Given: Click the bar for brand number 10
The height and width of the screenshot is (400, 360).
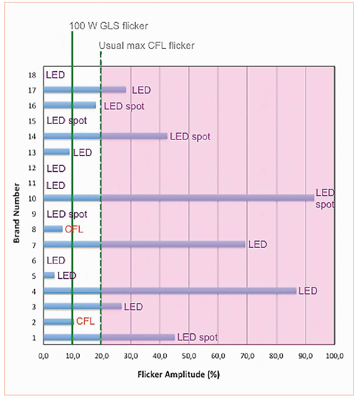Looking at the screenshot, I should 179,198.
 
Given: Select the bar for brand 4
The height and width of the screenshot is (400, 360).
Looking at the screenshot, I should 170,291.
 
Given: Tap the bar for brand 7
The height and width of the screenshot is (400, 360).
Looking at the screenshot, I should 144,244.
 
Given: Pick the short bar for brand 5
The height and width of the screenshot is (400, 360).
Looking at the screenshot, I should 49,275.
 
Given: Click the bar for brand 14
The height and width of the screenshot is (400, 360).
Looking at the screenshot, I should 105,136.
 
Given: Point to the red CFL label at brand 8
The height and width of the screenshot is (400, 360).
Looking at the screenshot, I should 74,229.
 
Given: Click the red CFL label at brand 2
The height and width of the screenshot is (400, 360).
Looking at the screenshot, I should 85,321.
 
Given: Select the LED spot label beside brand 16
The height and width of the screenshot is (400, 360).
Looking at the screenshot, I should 124,106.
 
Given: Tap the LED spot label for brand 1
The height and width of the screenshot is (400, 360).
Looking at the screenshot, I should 197,337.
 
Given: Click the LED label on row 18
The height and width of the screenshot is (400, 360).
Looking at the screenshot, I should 55,75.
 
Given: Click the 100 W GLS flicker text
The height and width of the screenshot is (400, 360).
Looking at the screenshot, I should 109,26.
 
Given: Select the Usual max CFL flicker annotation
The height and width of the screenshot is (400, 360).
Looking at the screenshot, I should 146,46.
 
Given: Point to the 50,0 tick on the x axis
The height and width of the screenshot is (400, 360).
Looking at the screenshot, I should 189,356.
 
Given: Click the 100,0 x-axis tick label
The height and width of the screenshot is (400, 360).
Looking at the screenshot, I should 334,356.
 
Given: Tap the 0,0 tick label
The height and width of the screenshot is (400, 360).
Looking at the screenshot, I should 43,356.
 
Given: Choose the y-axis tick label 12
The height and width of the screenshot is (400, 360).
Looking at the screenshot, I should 32,168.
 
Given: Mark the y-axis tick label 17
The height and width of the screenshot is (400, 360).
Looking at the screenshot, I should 32,90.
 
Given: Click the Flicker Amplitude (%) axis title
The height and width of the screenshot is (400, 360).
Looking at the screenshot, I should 178,375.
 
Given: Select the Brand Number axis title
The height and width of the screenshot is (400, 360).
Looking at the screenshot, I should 16,213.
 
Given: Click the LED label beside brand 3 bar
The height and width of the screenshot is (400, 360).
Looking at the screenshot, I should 133,307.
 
